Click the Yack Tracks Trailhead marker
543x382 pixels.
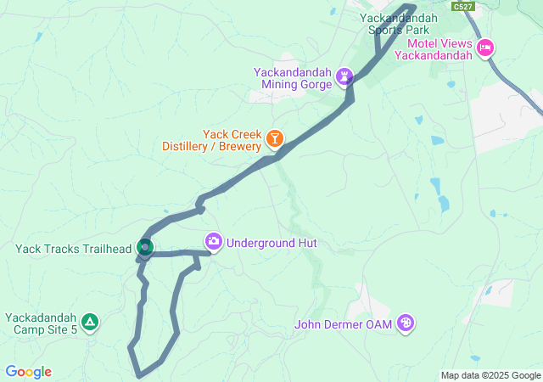(145, 247)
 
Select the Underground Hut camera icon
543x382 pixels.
(213, 243)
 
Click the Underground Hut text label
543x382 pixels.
(271, 243)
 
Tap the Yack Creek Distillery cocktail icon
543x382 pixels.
(275, 138)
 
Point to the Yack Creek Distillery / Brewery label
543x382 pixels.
(213, 140)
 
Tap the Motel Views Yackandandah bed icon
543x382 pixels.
(485, 47)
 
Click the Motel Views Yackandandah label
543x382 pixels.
(439, 49)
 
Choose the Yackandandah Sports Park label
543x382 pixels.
(398, 23)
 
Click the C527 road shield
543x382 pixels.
(462, 6)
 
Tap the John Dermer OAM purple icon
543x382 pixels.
(406, 323)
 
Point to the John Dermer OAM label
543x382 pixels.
(344, 324)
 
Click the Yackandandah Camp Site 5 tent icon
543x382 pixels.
(90, 323)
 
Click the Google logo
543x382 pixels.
(28, 372)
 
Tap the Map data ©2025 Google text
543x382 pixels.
(490, 375)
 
